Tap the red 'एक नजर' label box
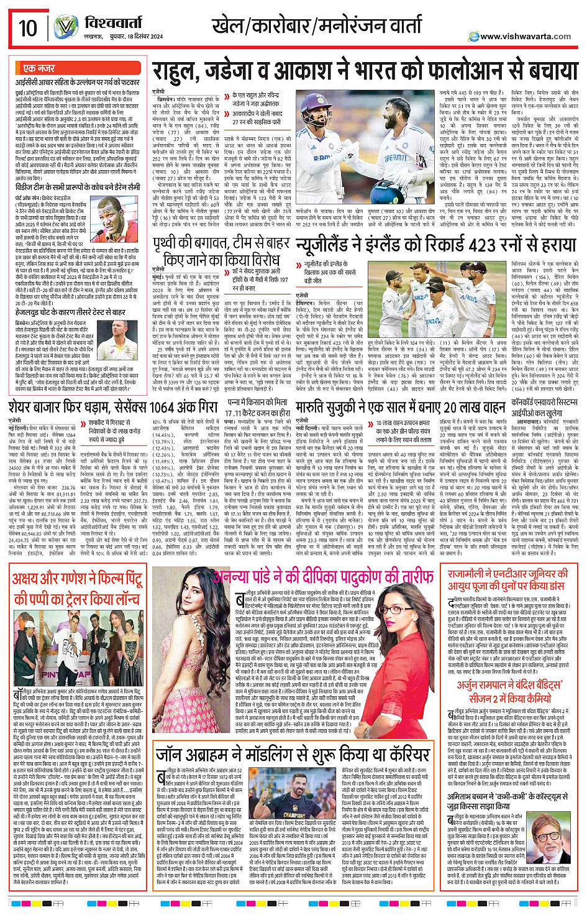tap(39, 68)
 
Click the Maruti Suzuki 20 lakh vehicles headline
tap(400, 407)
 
